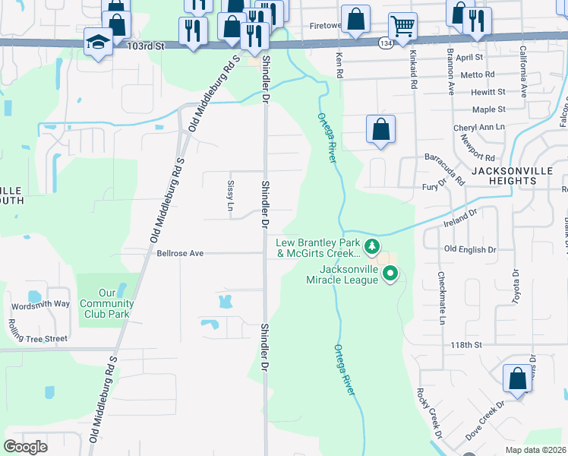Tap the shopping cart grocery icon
pos(402,27)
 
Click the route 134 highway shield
pos(386,43)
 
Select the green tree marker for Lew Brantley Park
pos(371,245)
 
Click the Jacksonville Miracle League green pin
pos(390,274)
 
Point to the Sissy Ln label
pos(231,195)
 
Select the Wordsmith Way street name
pos(39,304)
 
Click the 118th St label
pos(467,345)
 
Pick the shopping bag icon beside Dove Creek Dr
pos(517,378)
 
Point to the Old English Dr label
pos(469,249)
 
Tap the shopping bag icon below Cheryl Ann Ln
pos(380,130)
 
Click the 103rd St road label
pos(147,46)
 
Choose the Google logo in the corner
pos(26,447)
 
